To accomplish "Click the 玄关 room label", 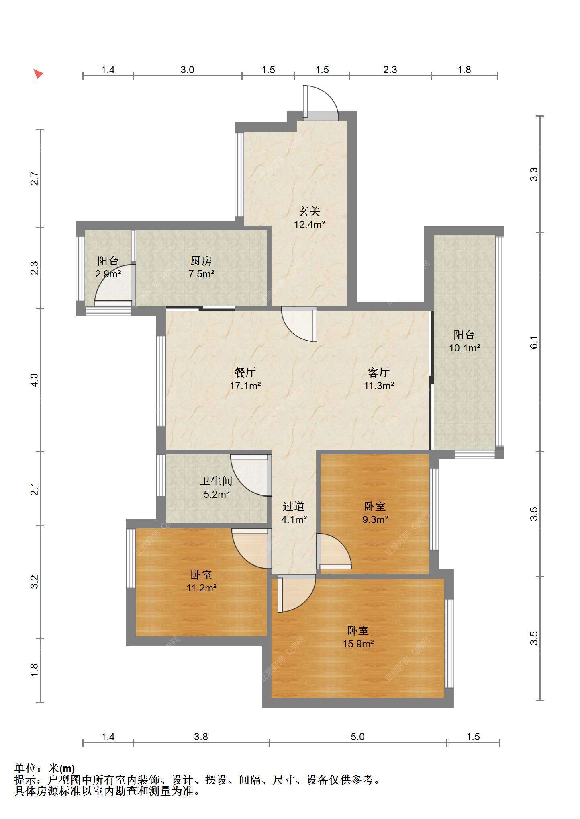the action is [309, 211].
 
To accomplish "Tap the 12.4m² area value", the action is [309, 224].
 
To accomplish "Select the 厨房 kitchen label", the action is [201, 261].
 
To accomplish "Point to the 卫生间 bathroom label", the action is [216, 480].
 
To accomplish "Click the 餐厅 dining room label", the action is [245, 372].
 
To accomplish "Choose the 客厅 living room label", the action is [378, 372].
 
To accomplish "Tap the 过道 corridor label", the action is [294, 506].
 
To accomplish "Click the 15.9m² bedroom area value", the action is [358, 644].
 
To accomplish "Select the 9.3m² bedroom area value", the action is [375, 519].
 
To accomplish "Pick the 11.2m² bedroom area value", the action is [202, 588].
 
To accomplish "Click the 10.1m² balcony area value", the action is [464, 348].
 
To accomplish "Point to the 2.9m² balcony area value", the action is [108, 274].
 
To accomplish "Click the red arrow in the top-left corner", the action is [38, 74].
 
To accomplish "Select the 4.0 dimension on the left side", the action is [35, 380].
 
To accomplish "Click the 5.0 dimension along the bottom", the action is [357, 737].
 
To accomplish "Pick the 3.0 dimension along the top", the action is [187, 70].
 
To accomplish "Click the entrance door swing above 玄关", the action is [321, 103].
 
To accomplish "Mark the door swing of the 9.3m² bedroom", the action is [334, 551].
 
